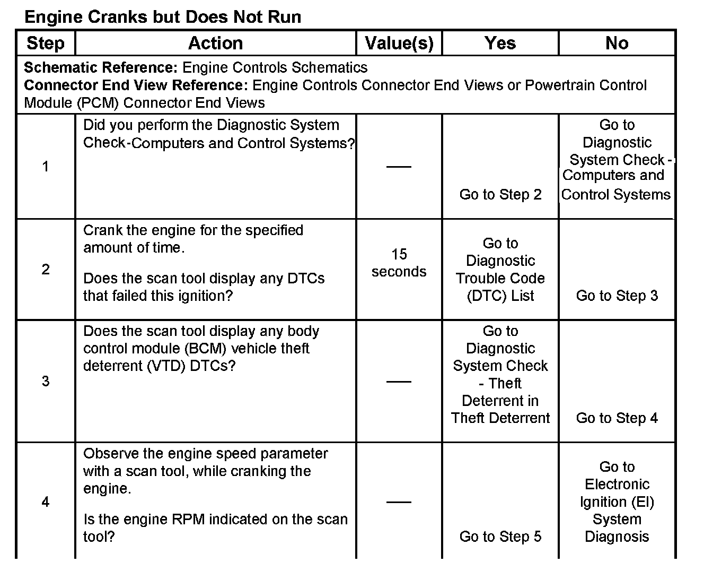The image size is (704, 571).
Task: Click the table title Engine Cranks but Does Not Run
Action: tap(163, 17)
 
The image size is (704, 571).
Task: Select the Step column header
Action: tap(46, 43)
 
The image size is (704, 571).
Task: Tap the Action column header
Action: tap(215, 43)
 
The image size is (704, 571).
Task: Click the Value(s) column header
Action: tap(399, 43)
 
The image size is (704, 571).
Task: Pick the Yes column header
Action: tap(500, 43)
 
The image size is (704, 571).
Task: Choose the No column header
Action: tap(617, 43)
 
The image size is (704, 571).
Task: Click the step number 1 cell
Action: tap(46, 167)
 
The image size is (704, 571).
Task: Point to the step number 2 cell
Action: tap(46, 269)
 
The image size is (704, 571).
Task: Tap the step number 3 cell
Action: tap(46, 381)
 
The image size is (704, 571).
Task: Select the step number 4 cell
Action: tap(46, 501)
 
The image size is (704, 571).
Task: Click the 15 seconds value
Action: tap(399, 263)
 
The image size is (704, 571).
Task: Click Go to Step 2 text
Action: tap(500, 194)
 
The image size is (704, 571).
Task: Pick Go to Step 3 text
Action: tap(617, 296)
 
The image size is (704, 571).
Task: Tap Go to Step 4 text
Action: tap(617, 418)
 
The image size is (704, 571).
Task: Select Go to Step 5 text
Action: tap(500, 537)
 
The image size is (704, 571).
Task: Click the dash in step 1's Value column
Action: tap(399, 167)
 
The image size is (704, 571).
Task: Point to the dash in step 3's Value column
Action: tap(399, 381)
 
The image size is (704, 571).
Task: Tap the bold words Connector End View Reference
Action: tap(136, 85)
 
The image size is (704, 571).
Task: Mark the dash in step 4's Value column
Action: tap(399, 501)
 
